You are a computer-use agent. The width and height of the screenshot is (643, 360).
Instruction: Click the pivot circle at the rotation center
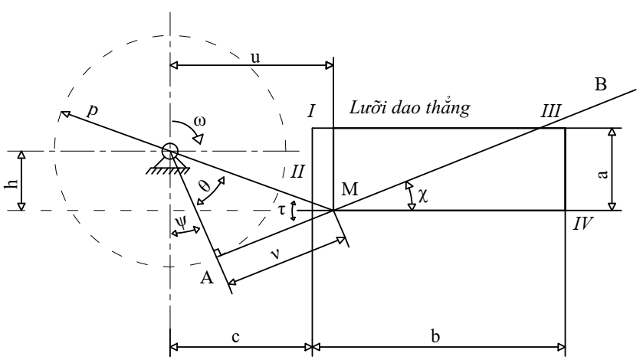[x=170, y=152]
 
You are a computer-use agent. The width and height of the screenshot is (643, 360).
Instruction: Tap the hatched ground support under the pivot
[x=167, y=170]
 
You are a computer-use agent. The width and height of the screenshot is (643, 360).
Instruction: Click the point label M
[x=349, y=189]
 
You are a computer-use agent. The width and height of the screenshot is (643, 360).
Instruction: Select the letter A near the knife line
[x=207, y=278]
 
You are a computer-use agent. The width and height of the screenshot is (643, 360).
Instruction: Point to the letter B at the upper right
[x=600, y=84]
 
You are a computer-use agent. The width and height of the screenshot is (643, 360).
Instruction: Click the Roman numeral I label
[x=312, y=111]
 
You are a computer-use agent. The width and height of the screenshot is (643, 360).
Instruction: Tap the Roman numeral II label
[x=297, y=172]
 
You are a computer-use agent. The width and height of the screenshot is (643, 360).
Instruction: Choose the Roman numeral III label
[x=550, y=111]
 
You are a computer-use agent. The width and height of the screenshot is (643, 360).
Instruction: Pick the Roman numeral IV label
[x=582, y=224]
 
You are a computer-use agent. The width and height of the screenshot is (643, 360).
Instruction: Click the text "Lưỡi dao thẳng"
[x=409, y=108]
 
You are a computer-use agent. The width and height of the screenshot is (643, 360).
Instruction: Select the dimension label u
[x=255, y=57]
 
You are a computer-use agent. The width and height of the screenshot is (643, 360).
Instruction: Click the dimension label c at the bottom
[x=235, y=337]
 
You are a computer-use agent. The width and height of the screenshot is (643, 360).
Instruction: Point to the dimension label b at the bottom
[x=435, y=336]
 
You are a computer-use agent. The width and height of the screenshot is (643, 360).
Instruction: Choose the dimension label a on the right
[x=602, y=175]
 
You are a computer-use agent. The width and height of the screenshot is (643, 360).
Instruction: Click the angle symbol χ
[x=423, y=195]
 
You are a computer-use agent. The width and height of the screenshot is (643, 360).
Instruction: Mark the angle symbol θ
[x=205, y=187]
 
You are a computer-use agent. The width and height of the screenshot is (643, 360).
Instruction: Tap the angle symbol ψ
[x=180, y=221]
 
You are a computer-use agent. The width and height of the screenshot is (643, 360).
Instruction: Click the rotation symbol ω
[x=200, y=121]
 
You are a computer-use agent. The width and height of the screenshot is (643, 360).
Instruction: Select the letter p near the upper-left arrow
[x=93, y=111]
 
